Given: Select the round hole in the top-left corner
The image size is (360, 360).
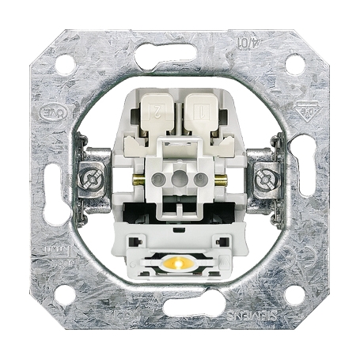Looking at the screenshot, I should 65,66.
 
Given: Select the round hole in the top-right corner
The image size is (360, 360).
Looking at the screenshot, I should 294,66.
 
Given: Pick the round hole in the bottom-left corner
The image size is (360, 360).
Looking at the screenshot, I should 65,294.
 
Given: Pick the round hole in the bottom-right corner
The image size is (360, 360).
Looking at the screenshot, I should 294,294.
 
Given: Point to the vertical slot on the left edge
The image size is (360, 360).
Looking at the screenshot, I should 55,180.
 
